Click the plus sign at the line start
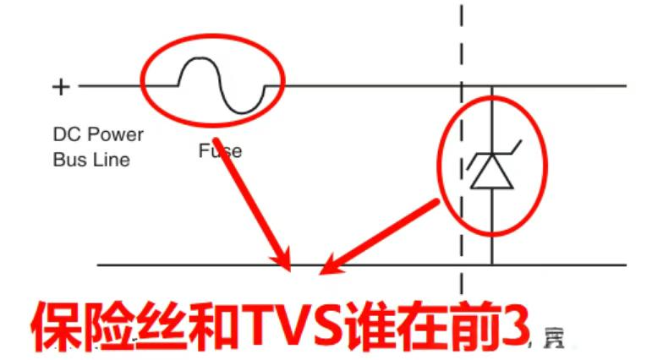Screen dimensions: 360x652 [x=61, y=86]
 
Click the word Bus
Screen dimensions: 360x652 [x=68, y=159]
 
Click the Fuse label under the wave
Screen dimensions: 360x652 [x=220, y=151]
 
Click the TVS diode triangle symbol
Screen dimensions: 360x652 [x=491, y=172]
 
